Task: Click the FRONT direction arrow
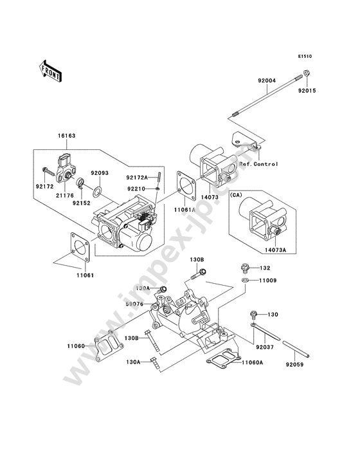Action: click(x=50, y=71)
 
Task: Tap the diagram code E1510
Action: click(x=305, y=56)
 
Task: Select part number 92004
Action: click(x=267, y=81)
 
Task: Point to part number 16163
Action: click(x=67, y=136)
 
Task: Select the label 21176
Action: click(x=65, y=196)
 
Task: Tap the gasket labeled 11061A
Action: click(x=186, y=185)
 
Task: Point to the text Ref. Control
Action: click(x=258, y=164)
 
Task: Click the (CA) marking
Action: click(x=235, y=195)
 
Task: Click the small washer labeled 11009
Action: click(x=245, y=281)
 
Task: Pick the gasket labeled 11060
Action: click(x=109, y=346)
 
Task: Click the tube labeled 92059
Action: click(x=295, y=349)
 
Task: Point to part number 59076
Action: click(x=134, y=304)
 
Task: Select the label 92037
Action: click(x=265, y=347)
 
